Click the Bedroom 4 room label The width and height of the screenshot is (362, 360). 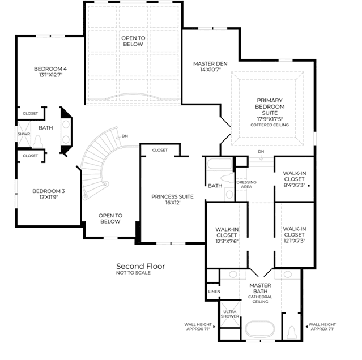click(x=50, y=72)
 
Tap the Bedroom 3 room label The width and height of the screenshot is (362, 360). click(x=49, y=194)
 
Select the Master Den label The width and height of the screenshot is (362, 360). click(x=210, y=66)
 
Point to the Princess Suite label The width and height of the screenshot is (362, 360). click(x=172, y=199)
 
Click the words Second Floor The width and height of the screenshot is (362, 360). click(x=140, y=266)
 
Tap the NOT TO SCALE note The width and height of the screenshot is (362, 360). click(x=133, y=273)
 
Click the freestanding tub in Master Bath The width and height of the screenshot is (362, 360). click(x=260, y=329)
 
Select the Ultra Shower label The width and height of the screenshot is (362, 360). click(x=229, y=314)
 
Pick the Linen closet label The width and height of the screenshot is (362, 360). click(x=214, y=292)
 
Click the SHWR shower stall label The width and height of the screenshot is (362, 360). click(x=24, y=134)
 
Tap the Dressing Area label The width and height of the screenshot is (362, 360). click(x=246, y=185)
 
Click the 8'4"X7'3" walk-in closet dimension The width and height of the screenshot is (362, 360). click(x=295, y=185)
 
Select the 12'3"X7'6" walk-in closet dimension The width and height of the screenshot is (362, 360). click(x=227, y=241)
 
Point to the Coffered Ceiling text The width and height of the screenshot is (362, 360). click(x=270, y=125)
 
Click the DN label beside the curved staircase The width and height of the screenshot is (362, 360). click(x=125, y=136)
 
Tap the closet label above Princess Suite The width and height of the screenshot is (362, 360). click(x=160, y=150)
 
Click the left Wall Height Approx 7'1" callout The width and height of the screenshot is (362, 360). click(x=198, y=327)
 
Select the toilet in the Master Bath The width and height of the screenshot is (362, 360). click(x=292, y=332)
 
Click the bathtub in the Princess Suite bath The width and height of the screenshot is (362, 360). click(x=219, y=164)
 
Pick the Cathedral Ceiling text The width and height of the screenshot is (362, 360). click(x=260, y=299)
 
